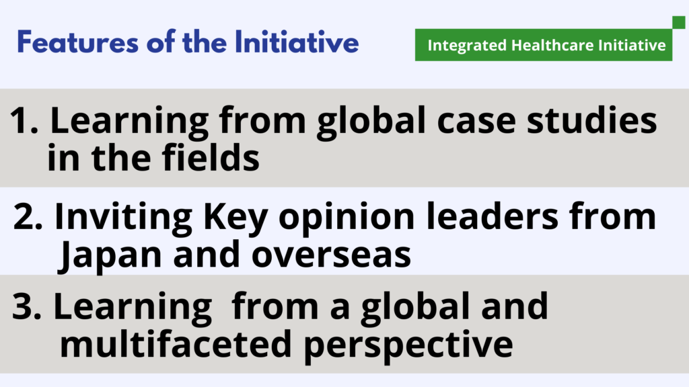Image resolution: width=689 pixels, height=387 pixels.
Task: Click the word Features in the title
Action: [78, 42]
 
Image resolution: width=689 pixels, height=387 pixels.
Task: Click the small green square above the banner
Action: [678, 22]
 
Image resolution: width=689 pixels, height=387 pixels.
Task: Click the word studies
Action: [592, 120]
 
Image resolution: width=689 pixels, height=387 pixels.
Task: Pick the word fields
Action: [211, 157]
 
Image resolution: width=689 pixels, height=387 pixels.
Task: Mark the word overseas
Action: [331, 255]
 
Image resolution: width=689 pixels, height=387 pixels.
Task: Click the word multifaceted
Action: [176, 343]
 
